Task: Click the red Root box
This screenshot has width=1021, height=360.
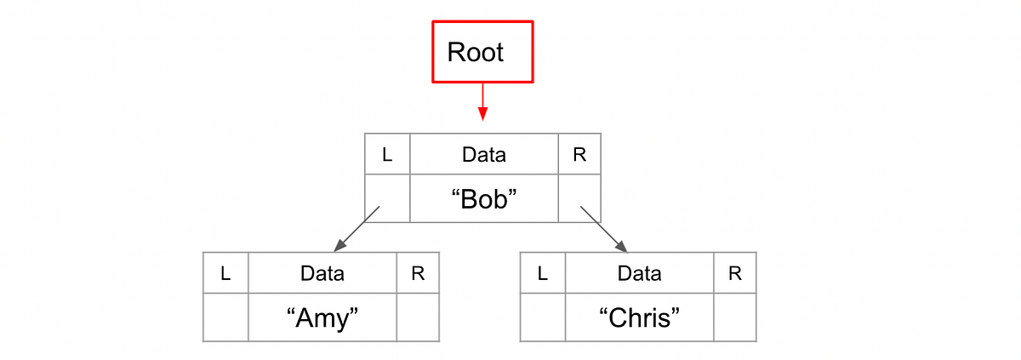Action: [482, 52]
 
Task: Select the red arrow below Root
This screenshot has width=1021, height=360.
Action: [482, 101]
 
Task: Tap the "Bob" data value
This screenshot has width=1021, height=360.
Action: [483, 199]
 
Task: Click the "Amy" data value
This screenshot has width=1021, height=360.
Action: [322, 318]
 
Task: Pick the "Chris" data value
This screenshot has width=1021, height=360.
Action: [639, 318]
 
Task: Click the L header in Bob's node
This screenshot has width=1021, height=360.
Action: [387, 155]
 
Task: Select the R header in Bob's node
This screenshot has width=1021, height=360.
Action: [579, 155]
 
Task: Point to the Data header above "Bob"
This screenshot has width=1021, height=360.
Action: [483, 155]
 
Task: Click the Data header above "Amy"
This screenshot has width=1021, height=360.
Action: [322, 273]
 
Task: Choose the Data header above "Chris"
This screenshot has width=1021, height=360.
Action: [639, 273]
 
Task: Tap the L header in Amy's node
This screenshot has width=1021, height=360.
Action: [225, 273]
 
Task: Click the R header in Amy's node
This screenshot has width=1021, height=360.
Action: [418, 273]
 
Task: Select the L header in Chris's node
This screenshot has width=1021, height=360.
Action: [542, 273]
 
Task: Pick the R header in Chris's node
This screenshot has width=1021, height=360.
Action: [734, 273]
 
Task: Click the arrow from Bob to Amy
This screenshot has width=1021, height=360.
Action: [356, 229]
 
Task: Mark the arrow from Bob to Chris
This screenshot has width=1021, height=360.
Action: [604, 229]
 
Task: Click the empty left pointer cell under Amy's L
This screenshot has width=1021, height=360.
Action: [225, 318]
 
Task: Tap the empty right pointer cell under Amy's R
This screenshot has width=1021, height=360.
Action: [418, 318]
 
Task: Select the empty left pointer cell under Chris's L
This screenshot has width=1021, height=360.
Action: [542, 318]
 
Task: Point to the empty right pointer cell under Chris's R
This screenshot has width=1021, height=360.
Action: [734, 318]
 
